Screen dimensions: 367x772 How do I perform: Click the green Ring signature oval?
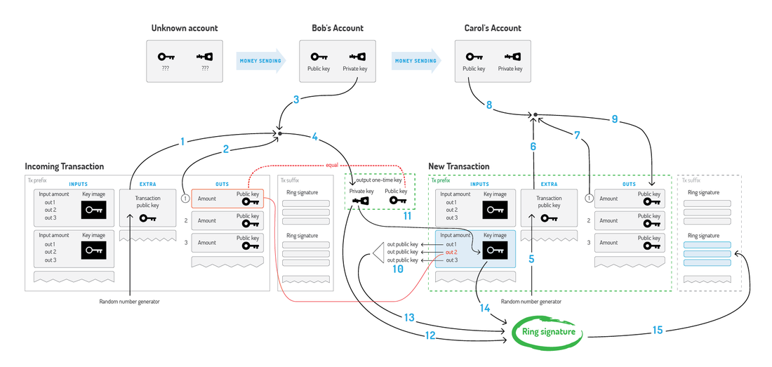(549, 332)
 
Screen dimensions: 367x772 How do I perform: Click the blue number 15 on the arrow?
(657, 329)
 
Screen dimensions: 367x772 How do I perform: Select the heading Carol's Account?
(493, 28)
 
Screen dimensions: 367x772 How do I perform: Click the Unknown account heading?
(185, 28)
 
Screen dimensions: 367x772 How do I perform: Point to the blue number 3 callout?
(296, 100)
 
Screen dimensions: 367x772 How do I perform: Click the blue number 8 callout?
(489, 105)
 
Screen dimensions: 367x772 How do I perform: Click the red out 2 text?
(451, 252)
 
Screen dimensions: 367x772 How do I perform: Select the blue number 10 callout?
(398, 269)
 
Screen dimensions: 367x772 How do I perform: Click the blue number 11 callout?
(406, 215)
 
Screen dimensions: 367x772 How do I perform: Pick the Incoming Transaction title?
(64, 166)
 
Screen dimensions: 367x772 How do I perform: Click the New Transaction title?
(459, 166)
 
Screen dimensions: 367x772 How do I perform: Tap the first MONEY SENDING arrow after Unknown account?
(261, 61)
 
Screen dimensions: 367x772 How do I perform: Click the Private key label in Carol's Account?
(510, 69)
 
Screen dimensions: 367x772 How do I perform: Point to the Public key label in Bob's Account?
(319, 69)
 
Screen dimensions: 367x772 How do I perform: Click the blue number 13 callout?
(411, 317)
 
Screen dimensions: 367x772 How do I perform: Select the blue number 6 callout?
(532, 147)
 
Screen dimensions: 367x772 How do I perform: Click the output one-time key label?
(379, 180)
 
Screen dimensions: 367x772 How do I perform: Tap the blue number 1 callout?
(182, 142)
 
